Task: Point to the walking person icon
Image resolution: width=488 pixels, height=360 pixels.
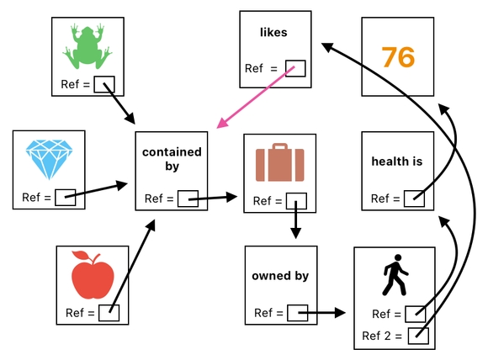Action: pos(393,278)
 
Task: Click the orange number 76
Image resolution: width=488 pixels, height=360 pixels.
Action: pos(398,57)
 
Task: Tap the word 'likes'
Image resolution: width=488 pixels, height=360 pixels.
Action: pos(273,33)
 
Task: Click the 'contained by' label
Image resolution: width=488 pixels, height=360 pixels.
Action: pos(172,159)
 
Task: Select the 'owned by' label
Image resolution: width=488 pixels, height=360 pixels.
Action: pos(280,276)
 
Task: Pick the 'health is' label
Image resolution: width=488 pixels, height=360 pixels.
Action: pos(396,161)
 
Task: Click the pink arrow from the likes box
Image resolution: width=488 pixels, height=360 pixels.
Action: pos(257,98)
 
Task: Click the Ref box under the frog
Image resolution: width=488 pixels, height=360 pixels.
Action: pos(103,84)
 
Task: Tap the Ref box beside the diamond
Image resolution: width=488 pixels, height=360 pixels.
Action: pos(66,198)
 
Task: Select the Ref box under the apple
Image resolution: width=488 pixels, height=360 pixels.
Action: pos(109,313)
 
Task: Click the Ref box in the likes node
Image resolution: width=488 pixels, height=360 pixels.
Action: pos(295,69)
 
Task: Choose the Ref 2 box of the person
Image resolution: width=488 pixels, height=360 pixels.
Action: pos(419,336)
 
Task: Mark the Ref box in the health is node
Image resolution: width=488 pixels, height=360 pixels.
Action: pos(413,199)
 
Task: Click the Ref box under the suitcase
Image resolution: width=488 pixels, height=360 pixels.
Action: pos(295,201)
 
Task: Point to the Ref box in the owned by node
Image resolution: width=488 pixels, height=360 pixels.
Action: pos(297,313)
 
